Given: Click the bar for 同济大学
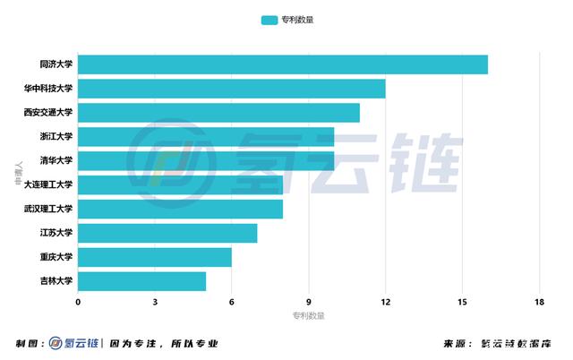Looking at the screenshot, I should click(x=283, y=64).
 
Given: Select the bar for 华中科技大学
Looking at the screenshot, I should click(x=232, y=89).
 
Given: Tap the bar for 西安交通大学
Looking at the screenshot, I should click(x=218, y=113).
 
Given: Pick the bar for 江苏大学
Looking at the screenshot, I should click(x=167, y=233).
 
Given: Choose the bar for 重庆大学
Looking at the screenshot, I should click(x=155, y=257).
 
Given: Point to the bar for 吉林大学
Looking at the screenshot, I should click(x=141, y=281).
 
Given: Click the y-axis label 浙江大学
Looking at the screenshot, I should click(x=56, y=137).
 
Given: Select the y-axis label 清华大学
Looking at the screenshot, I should click(x=56, y=161).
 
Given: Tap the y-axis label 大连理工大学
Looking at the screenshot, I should click(x=48, y=185).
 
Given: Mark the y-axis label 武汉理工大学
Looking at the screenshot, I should click(x=48, y=210).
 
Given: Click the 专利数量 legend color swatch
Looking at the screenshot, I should click(x=269, y=19).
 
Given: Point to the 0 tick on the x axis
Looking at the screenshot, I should click(x=78, y=301).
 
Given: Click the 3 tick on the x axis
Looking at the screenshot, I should click(x=155, y=301).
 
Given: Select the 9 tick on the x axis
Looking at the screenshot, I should click(x=309, y=301).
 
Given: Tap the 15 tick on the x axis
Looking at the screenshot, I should click(x=462, y=301).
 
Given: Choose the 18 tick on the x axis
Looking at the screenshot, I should click(x=539, y=301).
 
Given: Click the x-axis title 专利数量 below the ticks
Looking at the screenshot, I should click(x=308, y=315).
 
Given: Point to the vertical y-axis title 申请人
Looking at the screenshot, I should click(x=18, y=173).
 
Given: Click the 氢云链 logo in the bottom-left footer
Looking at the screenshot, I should click(x=75, y=344).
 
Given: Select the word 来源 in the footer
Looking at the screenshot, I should click(x=456, y=344).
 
